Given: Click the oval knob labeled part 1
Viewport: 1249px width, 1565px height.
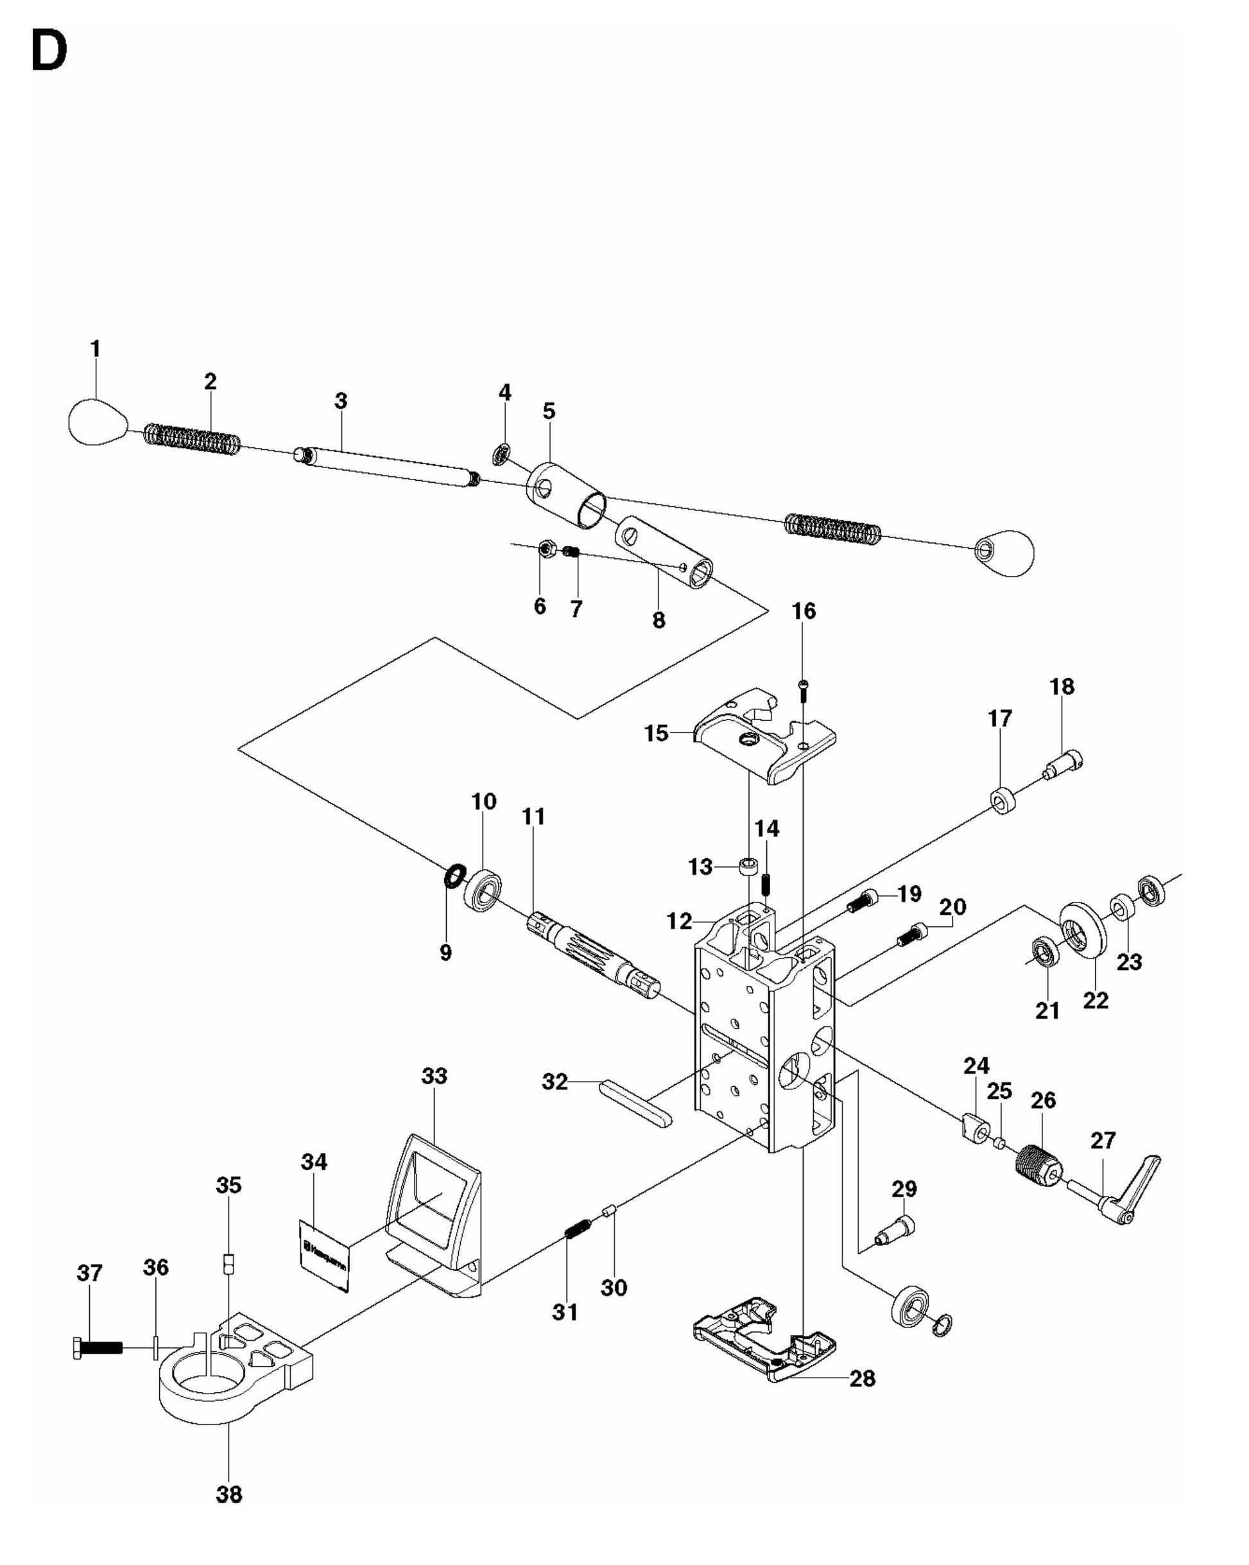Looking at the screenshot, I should tap(98, 422).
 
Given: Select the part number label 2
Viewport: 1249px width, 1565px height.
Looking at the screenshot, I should tap(210, 381).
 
